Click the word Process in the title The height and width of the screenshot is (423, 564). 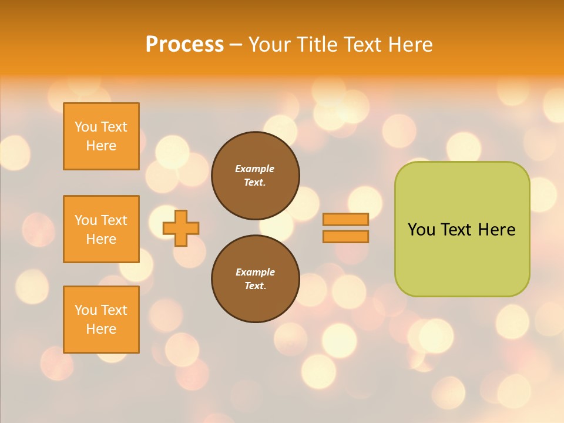184,45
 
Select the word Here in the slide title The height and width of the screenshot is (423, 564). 409,45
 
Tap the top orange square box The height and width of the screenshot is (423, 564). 101,136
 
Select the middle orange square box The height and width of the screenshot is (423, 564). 101,229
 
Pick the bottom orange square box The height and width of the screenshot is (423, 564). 101,320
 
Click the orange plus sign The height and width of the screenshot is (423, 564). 181,228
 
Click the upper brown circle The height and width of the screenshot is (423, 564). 256,176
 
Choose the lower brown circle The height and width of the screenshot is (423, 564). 256,279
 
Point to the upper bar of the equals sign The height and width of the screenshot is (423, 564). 345,219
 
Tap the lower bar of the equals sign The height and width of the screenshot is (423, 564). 345,236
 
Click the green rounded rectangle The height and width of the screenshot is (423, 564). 462,258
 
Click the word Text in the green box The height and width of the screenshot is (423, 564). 457,230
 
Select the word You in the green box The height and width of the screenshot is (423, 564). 421,230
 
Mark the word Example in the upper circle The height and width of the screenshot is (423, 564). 255,169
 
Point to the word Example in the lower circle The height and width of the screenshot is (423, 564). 255,272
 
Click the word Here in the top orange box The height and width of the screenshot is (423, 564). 101,146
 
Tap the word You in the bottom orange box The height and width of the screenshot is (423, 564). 86,310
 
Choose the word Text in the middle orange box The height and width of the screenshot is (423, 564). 113,220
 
